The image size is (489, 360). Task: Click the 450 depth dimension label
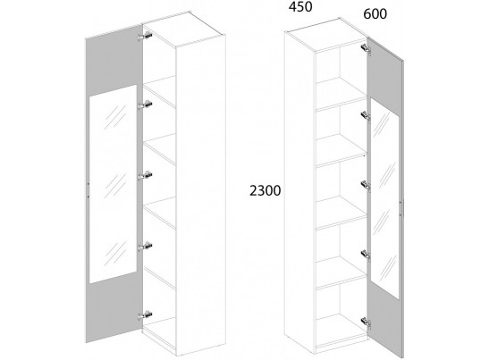(x=300, y=7)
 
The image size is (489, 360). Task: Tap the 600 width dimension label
(x=375, y=14)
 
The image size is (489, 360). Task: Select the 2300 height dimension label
(x=266, y=190)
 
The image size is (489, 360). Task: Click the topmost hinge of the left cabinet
(x=145, y=36)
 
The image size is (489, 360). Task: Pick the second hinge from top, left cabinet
(x=145, y=105)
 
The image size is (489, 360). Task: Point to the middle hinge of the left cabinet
(x=145, y=175)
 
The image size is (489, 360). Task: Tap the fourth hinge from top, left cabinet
(x=145, y=246)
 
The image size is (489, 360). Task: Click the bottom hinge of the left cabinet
(x=145, y=315)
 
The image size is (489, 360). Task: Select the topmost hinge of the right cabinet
(x=366, y=49)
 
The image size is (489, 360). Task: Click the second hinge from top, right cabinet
(x=366, y=116)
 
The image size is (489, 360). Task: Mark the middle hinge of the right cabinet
(x=366, y=185)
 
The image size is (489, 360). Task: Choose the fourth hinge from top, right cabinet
(x=366, y=255)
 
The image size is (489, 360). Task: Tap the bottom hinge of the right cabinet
(x=366, y=322)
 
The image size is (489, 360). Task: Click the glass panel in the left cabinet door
(x=114, y=184)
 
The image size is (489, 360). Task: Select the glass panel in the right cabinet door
(x=384, y=198)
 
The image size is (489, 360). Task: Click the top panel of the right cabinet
(x=326, y=34)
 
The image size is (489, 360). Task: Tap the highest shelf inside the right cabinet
(x=341, y=94)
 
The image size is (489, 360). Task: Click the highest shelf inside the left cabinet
(x=159, y=91)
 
